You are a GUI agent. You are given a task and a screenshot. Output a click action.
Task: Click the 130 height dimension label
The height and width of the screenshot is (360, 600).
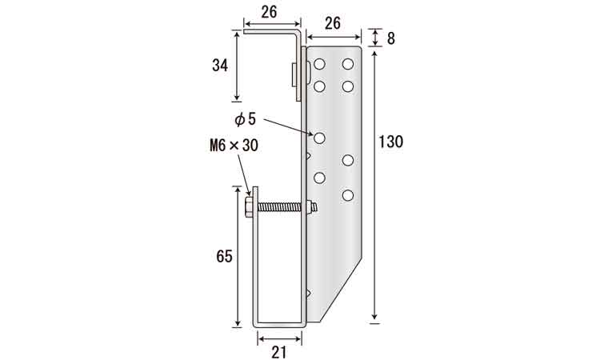point(390,142)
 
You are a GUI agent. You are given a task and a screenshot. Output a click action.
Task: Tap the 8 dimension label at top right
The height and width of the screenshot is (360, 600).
point(390,38)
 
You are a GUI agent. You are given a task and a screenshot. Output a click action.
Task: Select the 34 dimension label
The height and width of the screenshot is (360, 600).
point(220,66)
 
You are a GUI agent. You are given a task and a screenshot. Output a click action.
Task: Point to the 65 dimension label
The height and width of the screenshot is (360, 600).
point(224,256)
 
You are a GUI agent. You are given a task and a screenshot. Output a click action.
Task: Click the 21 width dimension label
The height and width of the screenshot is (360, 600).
point(279,352)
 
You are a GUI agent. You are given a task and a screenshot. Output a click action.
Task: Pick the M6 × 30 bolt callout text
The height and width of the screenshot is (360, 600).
point(234,146)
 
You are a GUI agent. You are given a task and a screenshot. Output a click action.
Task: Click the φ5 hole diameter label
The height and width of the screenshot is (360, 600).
point(245,119)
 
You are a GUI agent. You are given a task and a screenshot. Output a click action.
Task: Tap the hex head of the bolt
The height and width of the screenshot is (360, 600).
point(249,207)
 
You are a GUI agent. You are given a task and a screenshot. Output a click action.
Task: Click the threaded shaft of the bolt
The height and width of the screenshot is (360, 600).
point(282,207)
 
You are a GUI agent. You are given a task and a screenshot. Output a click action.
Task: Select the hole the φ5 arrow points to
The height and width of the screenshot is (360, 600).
point(319,138)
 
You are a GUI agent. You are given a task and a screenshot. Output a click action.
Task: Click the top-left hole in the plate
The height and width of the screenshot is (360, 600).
point(319,64)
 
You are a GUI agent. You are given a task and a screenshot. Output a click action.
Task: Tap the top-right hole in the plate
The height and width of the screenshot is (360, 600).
point(348,64)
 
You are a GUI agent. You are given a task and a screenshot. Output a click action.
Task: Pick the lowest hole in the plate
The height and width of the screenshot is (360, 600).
point(348,195)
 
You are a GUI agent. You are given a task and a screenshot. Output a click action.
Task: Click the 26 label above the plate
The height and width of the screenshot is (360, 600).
point(333,24)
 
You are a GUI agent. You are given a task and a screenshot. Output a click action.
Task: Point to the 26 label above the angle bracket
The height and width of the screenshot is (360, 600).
point(270,12)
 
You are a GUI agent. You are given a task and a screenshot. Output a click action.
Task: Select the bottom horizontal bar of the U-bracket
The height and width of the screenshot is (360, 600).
point(280,325)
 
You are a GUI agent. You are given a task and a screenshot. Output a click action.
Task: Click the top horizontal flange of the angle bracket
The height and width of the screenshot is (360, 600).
point(271,32)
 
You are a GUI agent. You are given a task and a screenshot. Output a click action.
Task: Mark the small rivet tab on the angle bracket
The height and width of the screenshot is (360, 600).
point(294,74)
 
